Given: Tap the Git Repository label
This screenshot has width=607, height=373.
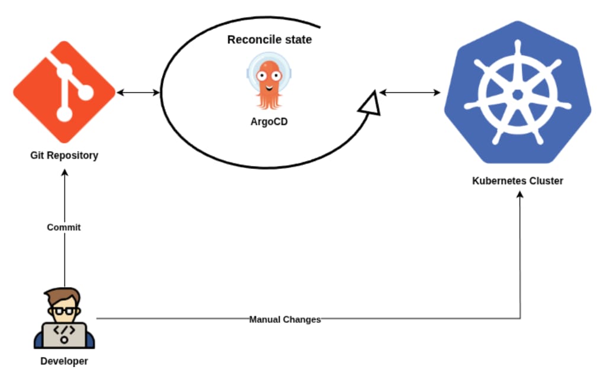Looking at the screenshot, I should coord(64,156).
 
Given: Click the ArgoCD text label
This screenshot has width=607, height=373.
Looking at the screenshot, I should coord(269,122).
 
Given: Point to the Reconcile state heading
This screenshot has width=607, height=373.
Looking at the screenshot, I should coord(269,40).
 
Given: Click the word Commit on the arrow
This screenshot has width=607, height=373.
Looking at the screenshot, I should coord(64,227).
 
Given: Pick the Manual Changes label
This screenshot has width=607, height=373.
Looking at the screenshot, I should coord(285,320).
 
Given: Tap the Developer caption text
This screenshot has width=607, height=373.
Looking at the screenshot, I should coord(64,361).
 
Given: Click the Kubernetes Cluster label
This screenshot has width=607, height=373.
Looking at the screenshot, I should coord(518,181).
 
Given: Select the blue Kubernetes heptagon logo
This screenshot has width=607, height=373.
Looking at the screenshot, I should coord(518,93).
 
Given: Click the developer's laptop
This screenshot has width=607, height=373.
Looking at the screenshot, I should coord(64,335).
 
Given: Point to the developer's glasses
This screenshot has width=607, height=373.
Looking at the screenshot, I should coord(64,310).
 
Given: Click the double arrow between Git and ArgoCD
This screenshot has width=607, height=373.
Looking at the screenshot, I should coord(139,92).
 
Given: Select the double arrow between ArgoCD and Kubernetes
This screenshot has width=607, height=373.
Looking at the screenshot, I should coord(410,92).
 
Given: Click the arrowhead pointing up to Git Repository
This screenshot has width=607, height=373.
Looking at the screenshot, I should coord(64,172).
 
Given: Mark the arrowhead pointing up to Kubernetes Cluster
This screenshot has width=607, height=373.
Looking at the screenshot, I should coord(521,195).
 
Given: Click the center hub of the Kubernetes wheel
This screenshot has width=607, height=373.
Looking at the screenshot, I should coord(518,94).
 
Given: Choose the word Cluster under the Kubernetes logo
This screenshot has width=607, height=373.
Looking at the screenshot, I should coord(546,181).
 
